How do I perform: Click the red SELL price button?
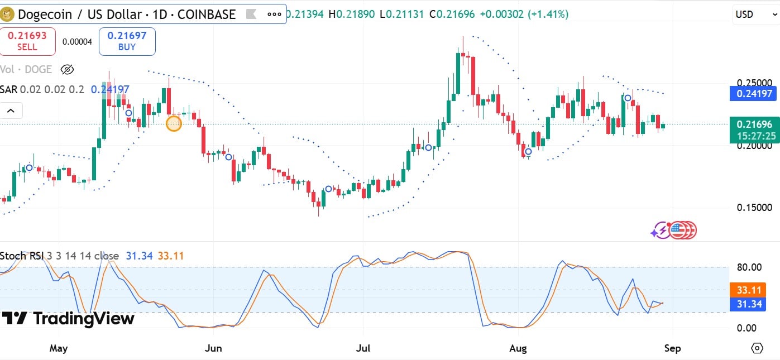(27, 41)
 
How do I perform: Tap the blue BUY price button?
(127, 41)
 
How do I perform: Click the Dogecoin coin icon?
(8, 14)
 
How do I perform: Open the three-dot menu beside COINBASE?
(275, 15)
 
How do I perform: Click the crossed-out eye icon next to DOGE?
(67, 70)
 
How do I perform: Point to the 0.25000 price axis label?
(754, 82)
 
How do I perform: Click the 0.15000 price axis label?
(754, 208)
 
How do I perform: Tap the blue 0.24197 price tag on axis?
(753, 93)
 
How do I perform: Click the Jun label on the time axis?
(213, 348)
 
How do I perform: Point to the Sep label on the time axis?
(672, 348)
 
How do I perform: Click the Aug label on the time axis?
(518, 348)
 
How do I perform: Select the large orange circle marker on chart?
(174, 123)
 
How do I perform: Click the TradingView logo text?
(84, 319)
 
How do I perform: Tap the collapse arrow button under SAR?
(11, 111)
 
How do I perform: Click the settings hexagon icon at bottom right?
(757, 348)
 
